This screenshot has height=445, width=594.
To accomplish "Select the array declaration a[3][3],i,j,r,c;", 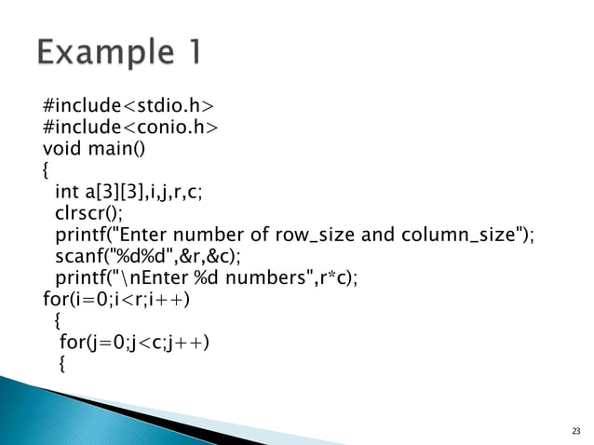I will click(x=143, y=192).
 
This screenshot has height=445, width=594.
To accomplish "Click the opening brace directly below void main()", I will click(x=47, y=171).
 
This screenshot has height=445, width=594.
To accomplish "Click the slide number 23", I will click(x=575, y=431).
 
